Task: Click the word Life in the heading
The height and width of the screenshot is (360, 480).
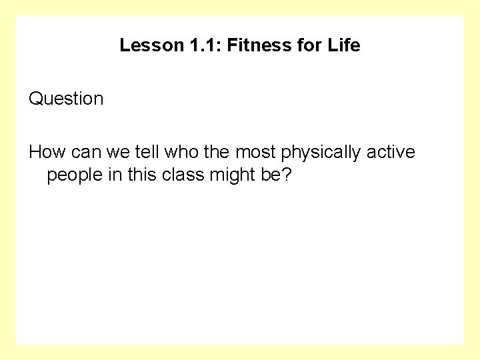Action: (x=345, y=45)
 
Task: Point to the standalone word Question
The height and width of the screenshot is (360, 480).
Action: (x=66, y=99)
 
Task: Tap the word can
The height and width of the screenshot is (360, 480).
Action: (x=81, y=153)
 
